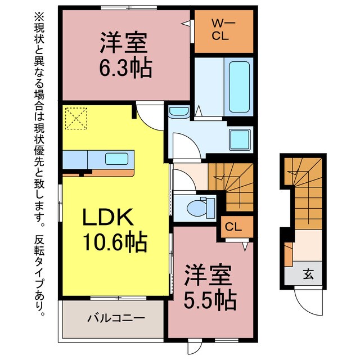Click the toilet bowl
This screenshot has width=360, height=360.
click(x=199, y=207)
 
